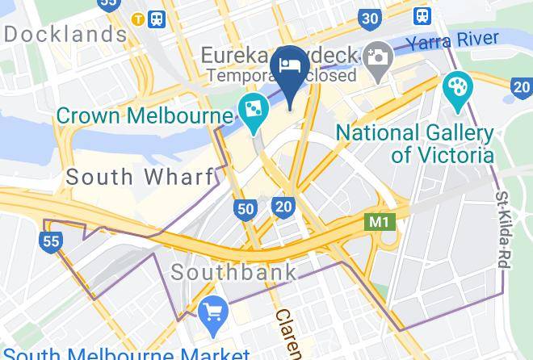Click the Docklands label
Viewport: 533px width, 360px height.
click(x=65, y=35)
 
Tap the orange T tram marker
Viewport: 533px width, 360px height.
click(x=140, y=18)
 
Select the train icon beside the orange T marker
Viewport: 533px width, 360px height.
click(x=157, y=18)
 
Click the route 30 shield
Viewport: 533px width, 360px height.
click(x=370, y=19)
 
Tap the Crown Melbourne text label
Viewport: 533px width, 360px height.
click(x=144, y=116)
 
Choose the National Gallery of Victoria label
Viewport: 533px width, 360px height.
click(x=414, y=143)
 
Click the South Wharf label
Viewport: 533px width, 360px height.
click(x=140, y=177)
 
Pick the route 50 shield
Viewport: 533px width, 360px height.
click(x=246, y=209)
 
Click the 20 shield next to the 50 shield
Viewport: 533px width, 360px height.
click(x=283, y=207)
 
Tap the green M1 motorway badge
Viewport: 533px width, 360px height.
click(x=380, y=220)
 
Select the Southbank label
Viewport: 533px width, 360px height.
click(x=233, y=271)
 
